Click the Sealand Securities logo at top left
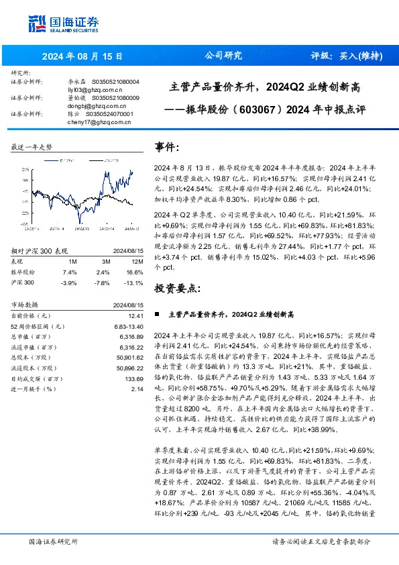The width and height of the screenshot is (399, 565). click(x=60, y=23)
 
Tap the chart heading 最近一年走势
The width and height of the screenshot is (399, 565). click(x=32, y=146)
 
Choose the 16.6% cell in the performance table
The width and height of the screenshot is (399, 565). click(x=135, y=272)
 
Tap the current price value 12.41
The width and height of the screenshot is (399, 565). click(x=137, y=315)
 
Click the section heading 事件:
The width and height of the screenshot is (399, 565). click(x=168, y=147)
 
